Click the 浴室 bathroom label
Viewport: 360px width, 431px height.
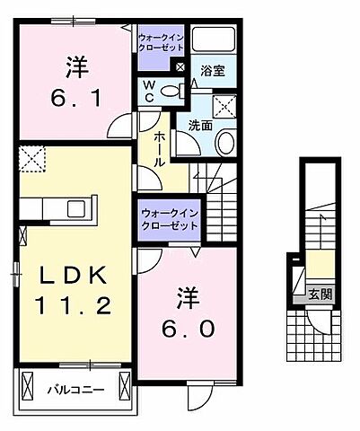point(212,69)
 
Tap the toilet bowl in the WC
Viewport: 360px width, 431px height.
point(175,89)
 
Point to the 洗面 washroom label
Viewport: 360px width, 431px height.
point(199,126)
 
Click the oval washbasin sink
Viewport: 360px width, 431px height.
point(225,142)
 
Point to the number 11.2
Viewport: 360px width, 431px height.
point(74,306)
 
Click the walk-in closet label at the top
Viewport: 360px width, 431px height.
point(162,42)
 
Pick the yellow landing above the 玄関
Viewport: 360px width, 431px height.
point(320,268)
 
